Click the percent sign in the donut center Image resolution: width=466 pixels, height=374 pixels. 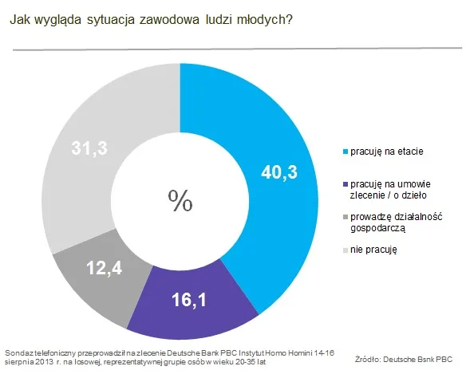point(180,199)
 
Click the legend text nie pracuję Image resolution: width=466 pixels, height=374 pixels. point(373,250)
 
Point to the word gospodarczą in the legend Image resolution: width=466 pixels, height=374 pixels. point(379,227)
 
